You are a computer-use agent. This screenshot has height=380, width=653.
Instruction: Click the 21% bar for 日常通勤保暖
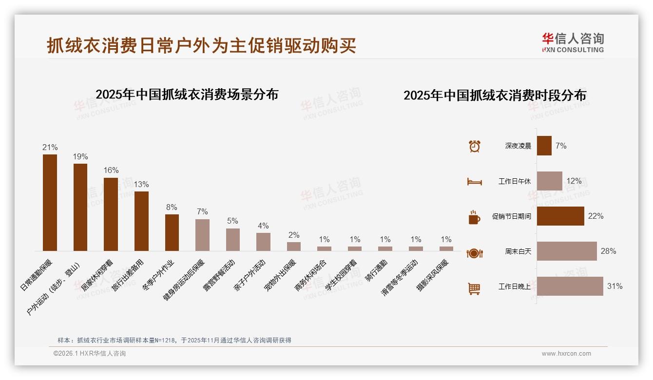(x=50, y=203)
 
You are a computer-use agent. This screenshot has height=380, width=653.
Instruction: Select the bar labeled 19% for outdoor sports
(x=80, y=207)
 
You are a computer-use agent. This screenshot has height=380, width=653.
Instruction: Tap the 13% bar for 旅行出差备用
(x=141, y=221)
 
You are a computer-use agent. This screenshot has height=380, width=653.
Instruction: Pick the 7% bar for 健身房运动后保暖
(x=202, y=235)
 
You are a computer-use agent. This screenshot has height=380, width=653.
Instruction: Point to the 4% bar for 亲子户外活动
(x=263, y=242)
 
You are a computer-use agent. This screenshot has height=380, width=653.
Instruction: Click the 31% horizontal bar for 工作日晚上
(x=570, y=286)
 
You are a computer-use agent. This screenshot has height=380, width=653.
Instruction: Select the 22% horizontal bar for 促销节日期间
(x=560, y=216)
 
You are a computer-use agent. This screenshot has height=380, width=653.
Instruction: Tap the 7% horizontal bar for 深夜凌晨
(x=544, y=146)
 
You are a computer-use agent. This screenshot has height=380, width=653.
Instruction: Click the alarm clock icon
(x=474, y=146)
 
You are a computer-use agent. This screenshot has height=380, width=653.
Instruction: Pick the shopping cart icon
(x=474, y=288)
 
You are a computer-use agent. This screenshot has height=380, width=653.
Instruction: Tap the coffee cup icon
(x=474, y=217)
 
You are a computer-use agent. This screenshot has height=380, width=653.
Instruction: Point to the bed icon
(x=474, y=182)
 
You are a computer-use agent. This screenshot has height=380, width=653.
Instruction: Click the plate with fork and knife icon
(x=474, y=253)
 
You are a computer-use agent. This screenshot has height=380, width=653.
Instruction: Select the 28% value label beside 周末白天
(x=608, y=251)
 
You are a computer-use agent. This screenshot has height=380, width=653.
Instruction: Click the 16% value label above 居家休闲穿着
(x=111, y=171)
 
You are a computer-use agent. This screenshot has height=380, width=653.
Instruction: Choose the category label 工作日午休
(x=514, y=181)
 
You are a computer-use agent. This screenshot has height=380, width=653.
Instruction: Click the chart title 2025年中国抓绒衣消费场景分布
(x=187, y=94)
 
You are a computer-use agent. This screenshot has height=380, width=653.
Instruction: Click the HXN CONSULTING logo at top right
(x=573, y=43)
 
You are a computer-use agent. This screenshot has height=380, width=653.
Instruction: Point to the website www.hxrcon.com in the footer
(x=566, y=354)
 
